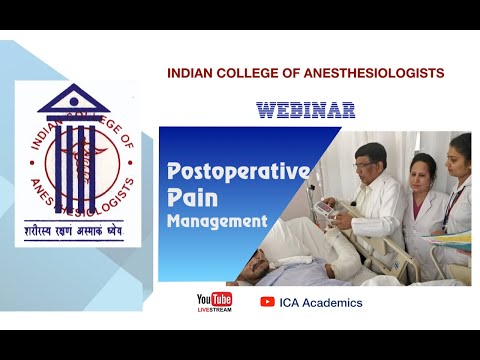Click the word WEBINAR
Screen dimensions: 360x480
pos(305,109)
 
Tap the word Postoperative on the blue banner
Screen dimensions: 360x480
pos(237,171)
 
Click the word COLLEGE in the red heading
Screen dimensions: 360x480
pos(247,74)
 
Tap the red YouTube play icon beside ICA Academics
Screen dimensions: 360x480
pos(267,302)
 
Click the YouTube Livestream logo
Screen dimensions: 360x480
pos(214,302)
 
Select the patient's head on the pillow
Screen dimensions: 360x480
pos(263,267)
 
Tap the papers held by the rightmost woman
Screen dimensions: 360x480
pos(455,238)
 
